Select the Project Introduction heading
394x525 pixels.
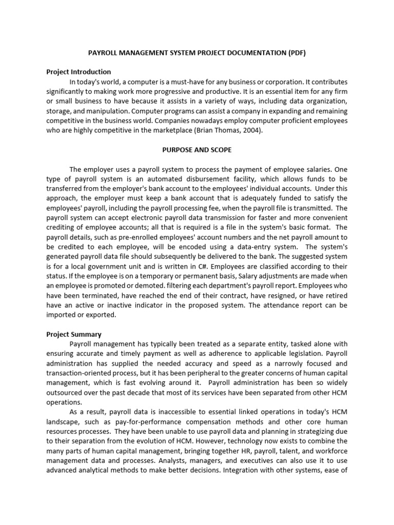(78, 72)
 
